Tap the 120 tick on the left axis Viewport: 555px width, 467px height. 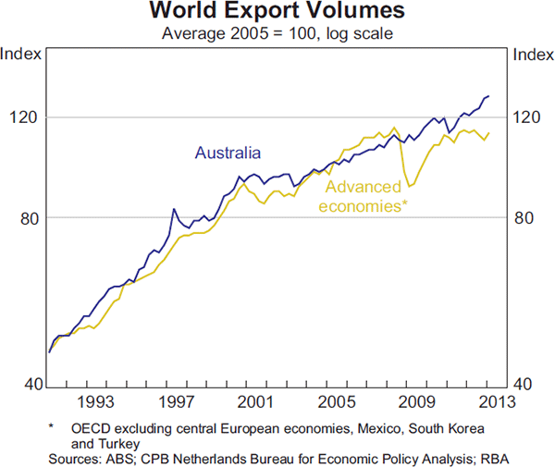[x=20, y=117]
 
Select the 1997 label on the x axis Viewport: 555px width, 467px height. [x=176, y=402]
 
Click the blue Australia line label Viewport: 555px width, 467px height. [x=228, y=153]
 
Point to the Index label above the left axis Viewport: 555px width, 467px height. [x=20, y=53]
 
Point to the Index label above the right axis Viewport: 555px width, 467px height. [x=532, y=53]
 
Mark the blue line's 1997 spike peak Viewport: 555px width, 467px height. [x=173, y=209]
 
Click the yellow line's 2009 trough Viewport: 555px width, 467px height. [x=410, y=187]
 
